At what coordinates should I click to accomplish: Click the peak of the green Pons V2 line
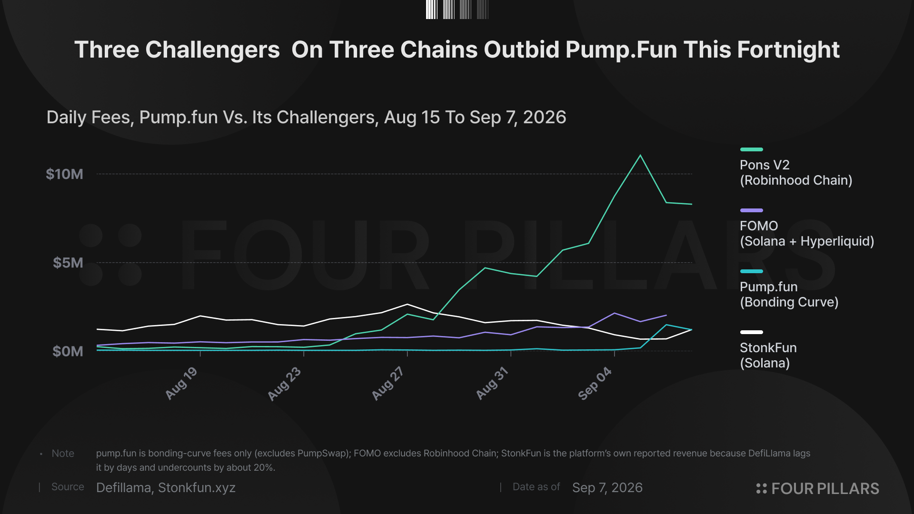pyautogui.click(x=640, y=155)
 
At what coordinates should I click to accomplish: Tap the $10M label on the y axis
pyautogui.click(x=64, y=174)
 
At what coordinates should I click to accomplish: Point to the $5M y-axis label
pyautogui.click(x=68, y=263)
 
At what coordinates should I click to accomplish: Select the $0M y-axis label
pyautogui.click(x=68, y=351)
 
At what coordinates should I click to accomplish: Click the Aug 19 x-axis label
pyautogui.click(x=181, y=383)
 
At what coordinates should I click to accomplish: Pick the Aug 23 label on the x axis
pyautogui.click(x=284, y=384)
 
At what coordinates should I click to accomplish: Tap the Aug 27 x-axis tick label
pyautogui.click(x=388, y=383)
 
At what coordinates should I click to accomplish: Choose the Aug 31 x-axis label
pyautogui.click(x=492, y=383)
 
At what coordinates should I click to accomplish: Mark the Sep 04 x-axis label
pyautogui.click(x=595, y=383)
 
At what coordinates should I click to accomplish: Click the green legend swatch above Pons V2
pyautogui.click(x=752, y=149)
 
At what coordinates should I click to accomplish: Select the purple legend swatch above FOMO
pyautogui.click(x=752, y=210)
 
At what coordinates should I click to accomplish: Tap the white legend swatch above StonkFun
pyautogui.click(x=752, y=332)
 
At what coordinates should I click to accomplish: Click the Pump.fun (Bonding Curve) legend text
pyautogui.click(x=789, y=295)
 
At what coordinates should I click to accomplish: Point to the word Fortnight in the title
pyautogui.click(x=788, y=50)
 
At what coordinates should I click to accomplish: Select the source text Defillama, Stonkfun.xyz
pyautogui.click(x=166, y=488)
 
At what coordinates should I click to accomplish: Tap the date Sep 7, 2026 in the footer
pyautogui.click(x=607, y=488)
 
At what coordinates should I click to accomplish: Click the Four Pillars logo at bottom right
pyautogui.click(x=817, y=489)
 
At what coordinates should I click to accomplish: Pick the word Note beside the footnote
pyautogui.click(x=63, y=454)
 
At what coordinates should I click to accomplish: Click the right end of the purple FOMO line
pyautogui.click(x=666, y=315)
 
